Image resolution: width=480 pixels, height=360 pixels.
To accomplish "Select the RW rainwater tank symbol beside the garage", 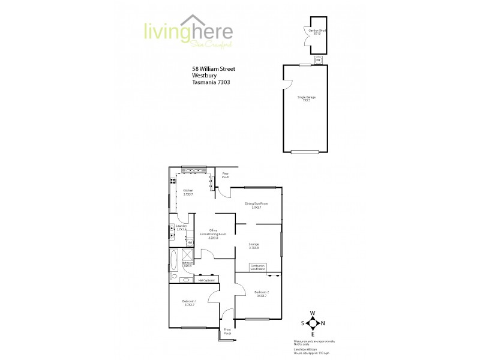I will click(319, 60).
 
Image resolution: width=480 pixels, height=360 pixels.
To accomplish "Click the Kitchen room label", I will click(188, 192).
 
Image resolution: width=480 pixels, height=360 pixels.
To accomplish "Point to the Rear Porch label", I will click(226, 176).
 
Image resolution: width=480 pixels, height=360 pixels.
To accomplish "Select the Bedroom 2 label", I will click(262, 294).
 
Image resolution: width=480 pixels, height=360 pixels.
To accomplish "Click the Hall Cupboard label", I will click(207, 280).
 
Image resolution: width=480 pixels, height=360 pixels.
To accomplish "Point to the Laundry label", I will click(182, 227).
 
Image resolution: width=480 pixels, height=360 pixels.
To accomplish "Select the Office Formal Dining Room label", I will click(212, 234).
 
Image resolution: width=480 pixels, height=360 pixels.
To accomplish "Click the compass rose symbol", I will click(313, 323).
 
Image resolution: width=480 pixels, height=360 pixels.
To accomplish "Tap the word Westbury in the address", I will click(203, 76).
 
